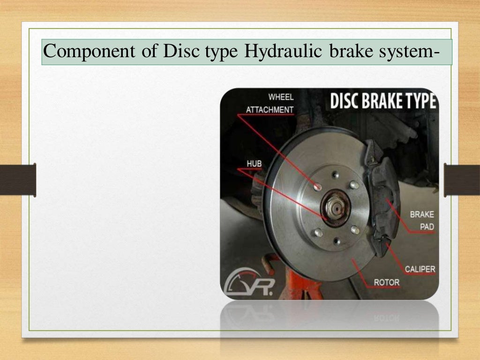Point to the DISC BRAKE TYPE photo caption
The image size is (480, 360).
[383, 102]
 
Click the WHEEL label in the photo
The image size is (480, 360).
[281, 97]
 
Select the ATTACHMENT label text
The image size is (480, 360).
[270, 110]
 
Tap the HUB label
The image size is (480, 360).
[254, 163]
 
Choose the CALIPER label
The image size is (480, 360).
[420, 269]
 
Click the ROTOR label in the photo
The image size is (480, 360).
[386, 282]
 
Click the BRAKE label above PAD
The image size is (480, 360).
[422, 214]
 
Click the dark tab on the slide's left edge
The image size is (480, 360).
[18, 180]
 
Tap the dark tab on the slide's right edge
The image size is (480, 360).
[462, 180]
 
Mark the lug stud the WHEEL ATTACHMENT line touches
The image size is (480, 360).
[318, 187]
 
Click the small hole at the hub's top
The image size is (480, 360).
[335, 174]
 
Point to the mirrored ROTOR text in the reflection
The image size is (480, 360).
[386, 318]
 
